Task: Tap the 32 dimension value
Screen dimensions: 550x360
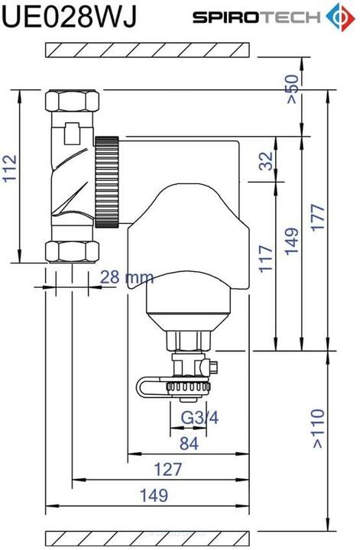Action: (265, 160)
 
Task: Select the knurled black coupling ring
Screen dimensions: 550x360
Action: (107, 182)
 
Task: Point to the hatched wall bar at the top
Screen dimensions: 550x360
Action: (148, 49)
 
